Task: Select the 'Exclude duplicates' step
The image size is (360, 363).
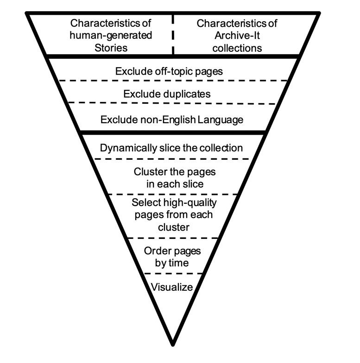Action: point(167,94)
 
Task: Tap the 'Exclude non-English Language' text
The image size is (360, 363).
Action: point(172,119)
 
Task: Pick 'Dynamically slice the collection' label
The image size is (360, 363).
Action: point(171,148)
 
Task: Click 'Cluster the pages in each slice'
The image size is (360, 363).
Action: point(175,177)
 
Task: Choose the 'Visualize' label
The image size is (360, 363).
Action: point(172,287)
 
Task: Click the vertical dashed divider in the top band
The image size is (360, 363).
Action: point(173,35)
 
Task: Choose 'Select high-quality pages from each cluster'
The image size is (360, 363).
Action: point(174,215)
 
